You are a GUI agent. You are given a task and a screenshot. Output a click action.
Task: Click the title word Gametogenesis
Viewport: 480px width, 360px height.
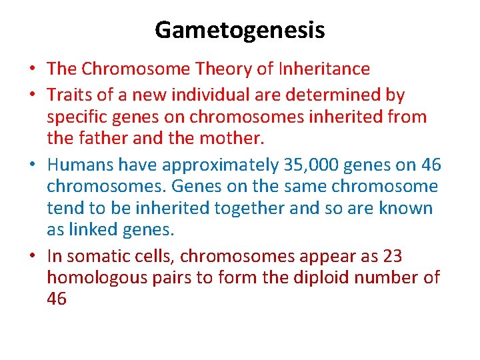click(240, 30)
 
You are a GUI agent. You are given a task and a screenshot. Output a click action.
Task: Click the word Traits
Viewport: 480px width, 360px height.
click(70, 95)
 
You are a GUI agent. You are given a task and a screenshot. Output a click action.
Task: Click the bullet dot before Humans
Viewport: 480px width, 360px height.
click(33, 165)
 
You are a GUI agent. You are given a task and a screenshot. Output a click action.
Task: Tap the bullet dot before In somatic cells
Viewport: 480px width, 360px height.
click(33, 256)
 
